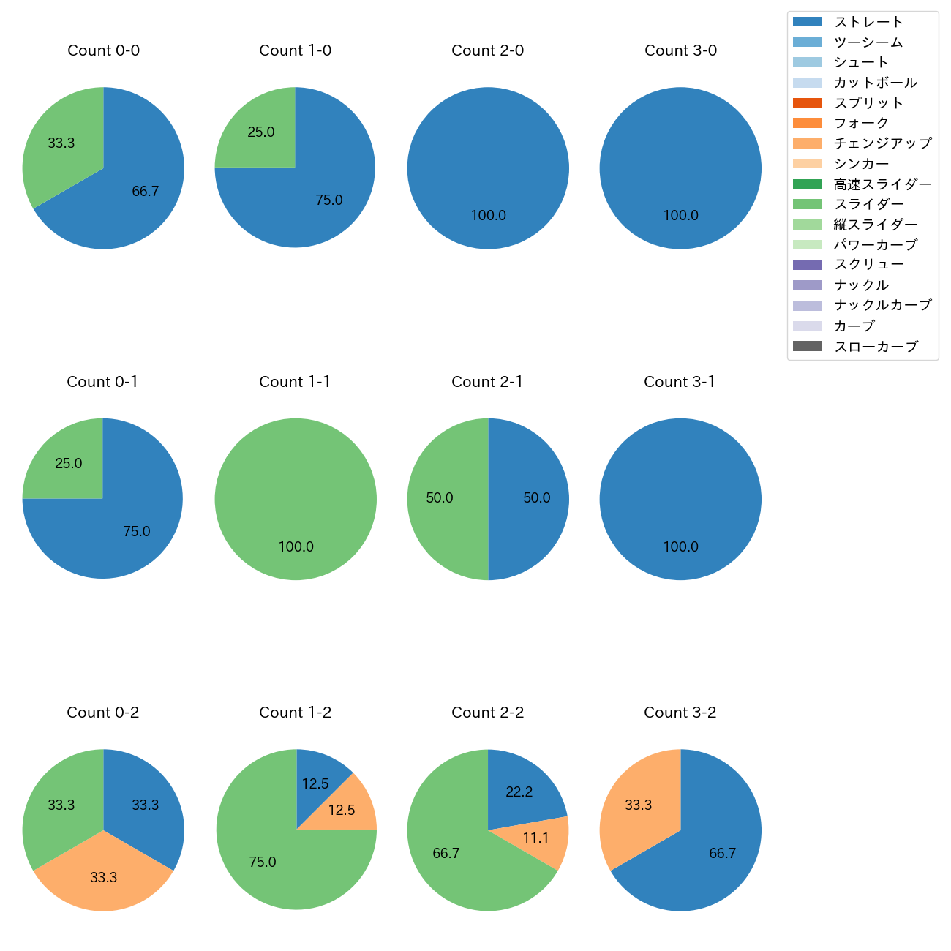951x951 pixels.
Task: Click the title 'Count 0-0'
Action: (x=103, y=50)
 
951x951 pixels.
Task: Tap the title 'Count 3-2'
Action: (x=680, y=713)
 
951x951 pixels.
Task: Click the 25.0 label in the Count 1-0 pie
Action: (x=261, y=132)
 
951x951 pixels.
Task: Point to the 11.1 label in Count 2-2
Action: (x=535, y=838)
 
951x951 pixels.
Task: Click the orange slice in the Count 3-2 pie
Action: (x=636, y=805)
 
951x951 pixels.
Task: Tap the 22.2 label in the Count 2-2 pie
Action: (x=519, y=792)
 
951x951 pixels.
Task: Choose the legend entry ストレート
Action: (x=868, y=22)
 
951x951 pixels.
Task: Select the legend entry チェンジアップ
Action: (x=882, y=143)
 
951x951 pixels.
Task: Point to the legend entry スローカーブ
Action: (x=876, y=347)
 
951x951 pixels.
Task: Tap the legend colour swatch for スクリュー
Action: (x=807, y=265)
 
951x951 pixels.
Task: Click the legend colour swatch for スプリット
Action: (x=807, y=103)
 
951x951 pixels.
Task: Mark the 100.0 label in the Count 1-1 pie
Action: (x=296, y=546)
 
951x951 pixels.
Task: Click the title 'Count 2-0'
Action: (x=487, y=50)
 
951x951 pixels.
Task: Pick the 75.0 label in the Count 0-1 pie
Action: (x=137, y=532)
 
